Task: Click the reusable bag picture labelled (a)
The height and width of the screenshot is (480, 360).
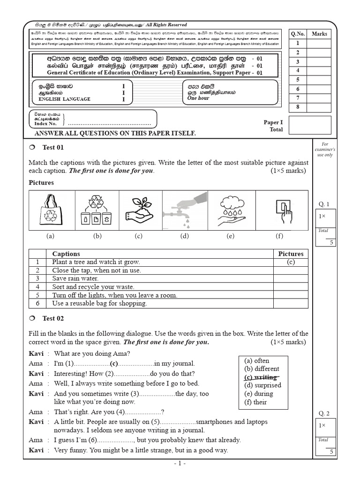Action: point(50,210)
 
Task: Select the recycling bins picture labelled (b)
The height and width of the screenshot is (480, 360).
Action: point(97,210)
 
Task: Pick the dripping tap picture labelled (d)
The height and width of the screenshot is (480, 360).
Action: point(184,210)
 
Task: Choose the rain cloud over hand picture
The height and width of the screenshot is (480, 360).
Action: point(230,210)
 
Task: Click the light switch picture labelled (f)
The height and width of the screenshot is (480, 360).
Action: point(284,210)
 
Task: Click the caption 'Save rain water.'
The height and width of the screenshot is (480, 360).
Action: point(75,278)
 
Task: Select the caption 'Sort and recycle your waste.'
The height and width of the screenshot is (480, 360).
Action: point(93,287)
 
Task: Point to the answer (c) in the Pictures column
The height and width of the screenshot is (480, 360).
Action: point(291,262)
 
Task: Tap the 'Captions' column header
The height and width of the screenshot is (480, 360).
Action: point(66,254)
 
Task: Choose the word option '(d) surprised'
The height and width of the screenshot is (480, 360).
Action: point(262,385)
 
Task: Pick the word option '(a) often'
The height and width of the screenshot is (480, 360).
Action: point(256,360)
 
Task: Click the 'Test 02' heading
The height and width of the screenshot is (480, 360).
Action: point(53,319)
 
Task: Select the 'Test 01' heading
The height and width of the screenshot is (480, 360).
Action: point(53,148)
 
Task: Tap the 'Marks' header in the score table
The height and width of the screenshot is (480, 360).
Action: point(319,34)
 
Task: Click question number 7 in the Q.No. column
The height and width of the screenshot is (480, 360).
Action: point(297,98)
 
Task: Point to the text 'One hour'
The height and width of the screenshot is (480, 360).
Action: point(198,98)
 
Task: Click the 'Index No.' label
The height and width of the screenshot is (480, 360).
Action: point(45,124)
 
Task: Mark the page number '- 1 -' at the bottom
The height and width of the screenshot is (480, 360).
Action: point(180,464)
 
